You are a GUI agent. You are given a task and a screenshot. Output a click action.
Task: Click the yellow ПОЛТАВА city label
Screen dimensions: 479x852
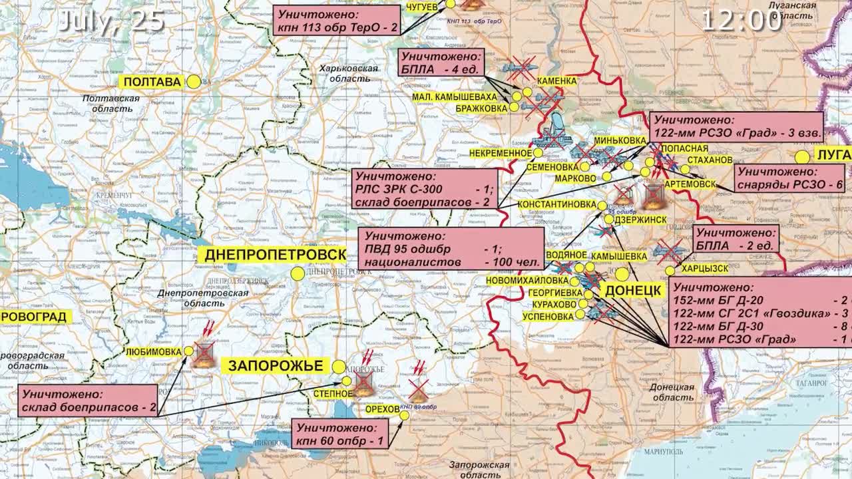(x=152, y=82)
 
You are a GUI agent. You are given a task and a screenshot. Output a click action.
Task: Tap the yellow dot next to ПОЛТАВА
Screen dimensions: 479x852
(x=194, y=82)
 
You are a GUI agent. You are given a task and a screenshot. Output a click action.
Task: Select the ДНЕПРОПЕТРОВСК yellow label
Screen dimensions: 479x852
(x=276, y=255)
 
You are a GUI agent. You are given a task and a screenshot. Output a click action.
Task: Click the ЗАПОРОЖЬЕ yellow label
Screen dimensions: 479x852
(x=276, y=365)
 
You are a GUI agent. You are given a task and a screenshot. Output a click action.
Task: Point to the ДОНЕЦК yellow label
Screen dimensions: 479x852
(x=633, y=291)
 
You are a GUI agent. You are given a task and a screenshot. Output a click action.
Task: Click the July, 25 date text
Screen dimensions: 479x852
(x=111, y=21)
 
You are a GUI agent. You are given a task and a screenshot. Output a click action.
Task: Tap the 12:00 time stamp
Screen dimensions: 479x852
(x=742, y=21)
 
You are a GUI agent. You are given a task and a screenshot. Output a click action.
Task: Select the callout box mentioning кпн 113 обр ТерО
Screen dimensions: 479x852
(x=337, y=20)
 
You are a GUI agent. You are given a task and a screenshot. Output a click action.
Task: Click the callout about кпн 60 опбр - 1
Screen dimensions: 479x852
(x=340, y=434)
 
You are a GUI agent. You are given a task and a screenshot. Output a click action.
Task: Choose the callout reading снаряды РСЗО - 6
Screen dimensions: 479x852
(x=790, y=178)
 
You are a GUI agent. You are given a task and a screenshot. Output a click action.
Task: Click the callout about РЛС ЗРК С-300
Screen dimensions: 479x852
(x=425, y=189)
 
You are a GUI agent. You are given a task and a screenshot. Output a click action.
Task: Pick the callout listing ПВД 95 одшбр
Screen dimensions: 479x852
(x=451, y=249)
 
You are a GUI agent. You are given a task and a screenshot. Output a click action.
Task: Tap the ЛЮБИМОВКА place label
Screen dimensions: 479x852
(x=154, y=351)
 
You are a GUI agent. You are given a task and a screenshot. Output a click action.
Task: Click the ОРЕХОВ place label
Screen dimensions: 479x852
(x=383, y=408)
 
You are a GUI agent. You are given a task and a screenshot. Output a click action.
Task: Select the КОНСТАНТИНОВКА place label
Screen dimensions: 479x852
(x=556, y=204)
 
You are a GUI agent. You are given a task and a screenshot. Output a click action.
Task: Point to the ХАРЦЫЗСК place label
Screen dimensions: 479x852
(x=704, y=269)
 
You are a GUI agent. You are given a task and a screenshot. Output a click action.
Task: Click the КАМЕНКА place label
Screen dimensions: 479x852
(x=556, y=81)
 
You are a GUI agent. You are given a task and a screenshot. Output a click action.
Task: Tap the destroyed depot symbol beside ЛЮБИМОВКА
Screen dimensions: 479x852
(x=204, y=356)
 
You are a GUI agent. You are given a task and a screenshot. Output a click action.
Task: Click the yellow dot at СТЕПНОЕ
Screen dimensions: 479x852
(x=347, y=381)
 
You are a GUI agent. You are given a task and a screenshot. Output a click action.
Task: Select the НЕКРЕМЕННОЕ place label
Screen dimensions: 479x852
(x=501, y=153)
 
